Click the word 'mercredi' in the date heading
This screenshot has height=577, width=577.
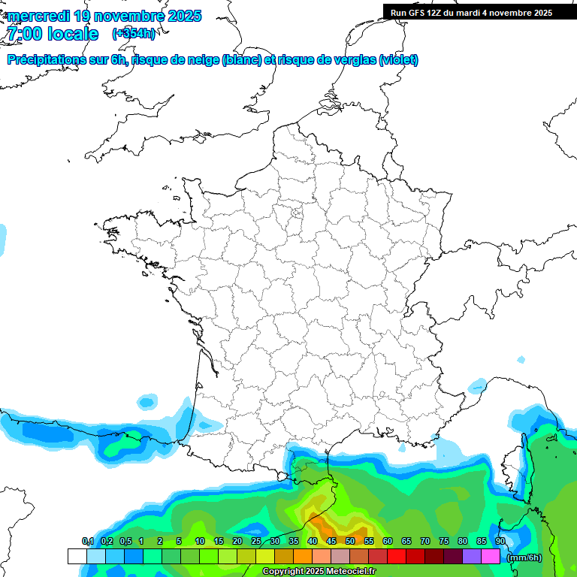point(38,16)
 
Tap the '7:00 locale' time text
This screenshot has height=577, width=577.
point(52,34)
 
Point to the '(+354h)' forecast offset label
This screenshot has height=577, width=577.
point(133,34)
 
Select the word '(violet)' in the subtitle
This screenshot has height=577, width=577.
point(399,60)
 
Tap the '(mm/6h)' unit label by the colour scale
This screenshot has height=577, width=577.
point(524,557)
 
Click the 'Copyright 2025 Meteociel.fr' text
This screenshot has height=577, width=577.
point(319,572)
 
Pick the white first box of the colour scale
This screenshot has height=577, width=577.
point(77,557)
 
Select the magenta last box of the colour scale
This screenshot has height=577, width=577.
point(491,557)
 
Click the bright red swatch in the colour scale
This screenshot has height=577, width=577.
point(396,557)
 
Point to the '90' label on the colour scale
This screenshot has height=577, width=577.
point(500,542)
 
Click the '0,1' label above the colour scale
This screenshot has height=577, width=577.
point(87,542)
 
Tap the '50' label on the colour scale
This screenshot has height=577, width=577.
point(350,542)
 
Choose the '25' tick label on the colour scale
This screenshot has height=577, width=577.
point(256,542)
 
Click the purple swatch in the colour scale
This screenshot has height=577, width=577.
point(472,557)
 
